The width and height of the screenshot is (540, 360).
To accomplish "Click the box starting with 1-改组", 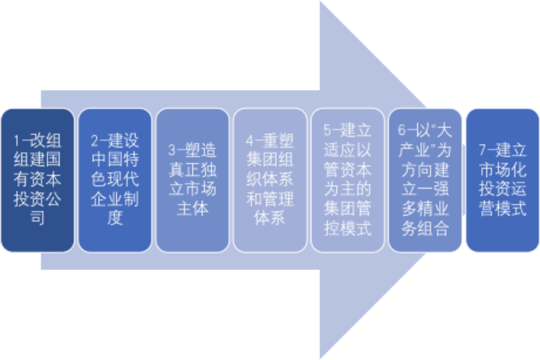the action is (37, 180).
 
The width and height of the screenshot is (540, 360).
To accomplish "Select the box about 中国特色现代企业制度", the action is (115, 180).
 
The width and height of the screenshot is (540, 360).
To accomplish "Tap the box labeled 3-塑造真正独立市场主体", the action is (192, 180).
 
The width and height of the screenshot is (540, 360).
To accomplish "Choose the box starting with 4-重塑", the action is (270, 180).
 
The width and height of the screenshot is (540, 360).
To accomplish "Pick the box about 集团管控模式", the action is (348, 180).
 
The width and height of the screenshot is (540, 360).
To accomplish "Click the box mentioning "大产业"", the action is (425, 180).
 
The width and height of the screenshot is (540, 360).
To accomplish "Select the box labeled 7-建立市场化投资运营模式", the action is (503, 180).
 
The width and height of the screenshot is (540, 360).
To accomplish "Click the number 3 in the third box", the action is (171, 150).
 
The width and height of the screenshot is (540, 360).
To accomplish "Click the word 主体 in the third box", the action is (192, 208).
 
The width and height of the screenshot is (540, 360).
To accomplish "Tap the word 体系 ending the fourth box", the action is (270, 218).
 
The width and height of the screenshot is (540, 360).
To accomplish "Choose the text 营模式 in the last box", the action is (503, 208).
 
